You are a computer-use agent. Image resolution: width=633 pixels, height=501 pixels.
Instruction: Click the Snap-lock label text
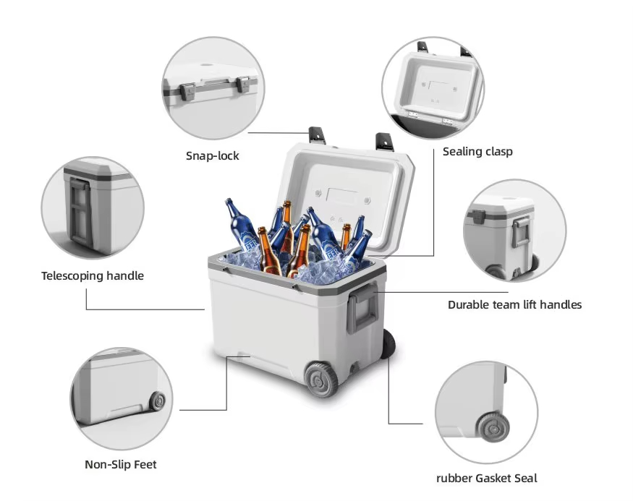tap(212, 155)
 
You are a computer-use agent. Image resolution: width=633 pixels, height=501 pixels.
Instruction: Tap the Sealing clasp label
tap(477, 151)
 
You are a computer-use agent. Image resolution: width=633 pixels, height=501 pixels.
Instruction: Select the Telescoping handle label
tap(93, 275)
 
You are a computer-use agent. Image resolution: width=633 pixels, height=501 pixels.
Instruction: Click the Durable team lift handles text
tap(514, 304)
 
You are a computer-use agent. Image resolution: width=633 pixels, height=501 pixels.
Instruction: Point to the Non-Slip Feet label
tap(121, 464)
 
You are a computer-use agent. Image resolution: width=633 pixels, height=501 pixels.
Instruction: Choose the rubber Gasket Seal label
tap(486, 478)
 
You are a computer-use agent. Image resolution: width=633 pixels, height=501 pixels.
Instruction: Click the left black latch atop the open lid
tap(317, 134)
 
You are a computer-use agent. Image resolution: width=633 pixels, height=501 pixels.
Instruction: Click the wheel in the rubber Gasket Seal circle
tap(493, 428)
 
